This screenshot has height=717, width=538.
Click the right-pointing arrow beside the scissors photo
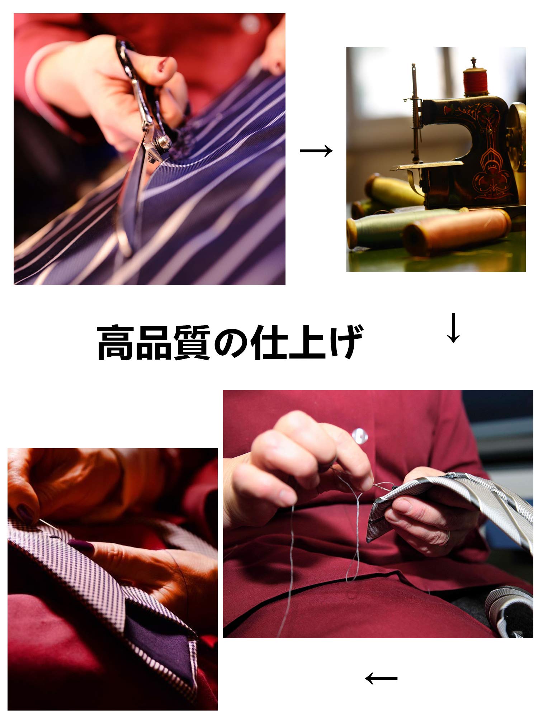316,151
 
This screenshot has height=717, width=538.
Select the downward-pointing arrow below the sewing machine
453,328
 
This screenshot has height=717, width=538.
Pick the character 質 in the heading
193,342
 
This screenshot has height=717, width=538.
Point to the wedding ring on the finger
448,537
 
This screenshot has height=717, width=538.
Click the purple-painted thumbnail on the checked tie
81,546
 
